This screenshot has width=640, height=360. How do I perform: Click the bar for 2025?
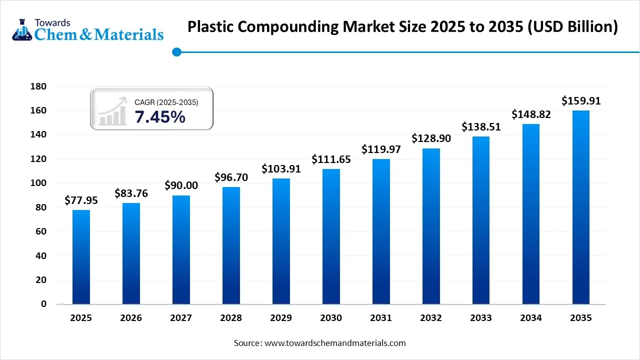(x=81, y=256)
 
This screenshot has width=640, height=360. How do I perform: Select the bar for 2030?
(x=331, y=236)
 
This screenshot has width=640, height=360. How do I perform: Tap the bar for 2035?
(x=581, y=207)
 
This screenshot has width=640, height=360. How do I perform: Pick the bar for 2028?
(x=231, y=245)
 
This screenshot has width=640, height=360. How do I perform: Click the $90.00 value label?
(x=181, y=185)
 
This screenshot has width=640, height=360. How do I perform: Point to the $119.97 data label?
(x=381, y=149)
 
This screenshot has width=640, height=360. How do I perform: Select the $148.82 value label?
(x=531, y=114)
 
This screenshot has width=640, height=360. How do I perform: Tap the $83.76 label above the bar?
(x=131, y=193)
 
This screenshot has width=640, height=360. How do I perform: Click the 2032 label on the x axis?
(x=431, y=318)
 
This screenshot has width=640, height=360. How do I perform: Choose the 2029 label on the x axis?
(x=281, y=318)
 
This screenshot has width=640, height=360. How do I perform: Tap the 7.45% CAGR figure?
(x=160, y=117)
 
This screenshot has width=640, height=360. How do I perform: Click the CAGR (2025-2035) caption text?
(x=166, y=102)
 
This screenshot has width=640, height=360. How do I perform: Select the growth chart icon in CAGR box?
(x=112, y=111)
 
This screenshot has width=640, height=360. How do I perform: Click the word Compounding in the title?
(x=288, y=27)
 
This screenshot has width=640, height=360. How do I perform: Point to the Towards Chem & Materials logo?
(x=87, y=29)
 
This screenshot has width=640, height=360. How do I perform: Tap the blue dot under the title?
(x=176, y=52)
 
